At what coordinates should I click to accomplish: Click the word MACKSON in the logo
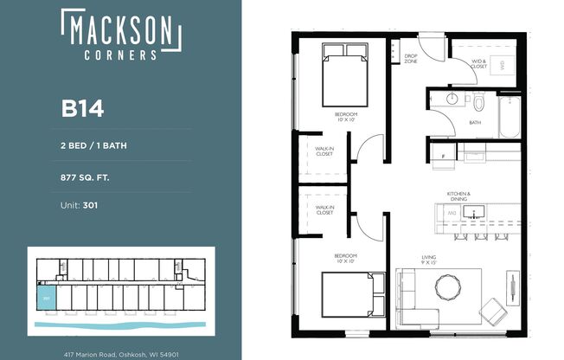[120, 31]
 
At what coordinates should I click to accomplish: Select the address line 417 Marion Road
[120, 353]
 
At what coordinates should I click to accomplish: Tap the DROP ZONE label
[412, 59]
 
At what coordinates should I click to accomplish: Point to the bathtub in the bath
[508, 116]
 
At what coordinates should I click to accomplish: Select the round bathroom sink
[450, 100]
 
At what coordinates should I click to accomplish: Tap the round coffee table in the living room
[449, 285]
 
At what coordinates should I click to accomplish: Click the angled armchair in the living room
[494, 309]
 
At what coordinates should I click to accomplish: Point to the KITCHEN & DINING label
[458, 196]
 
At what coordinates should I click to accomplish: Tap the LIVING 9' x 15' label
[428, 259]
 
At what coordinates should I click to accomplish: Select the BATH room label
[475, 123]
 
